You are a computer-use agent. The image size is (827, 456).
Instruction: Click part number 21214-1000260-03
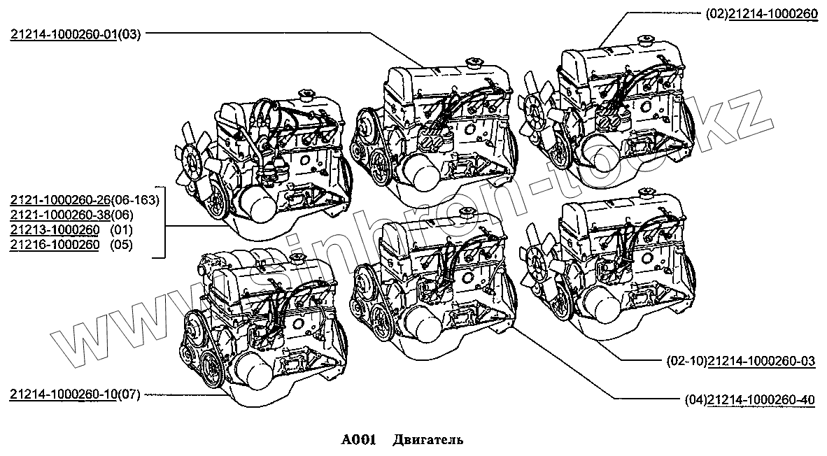click(761, 361)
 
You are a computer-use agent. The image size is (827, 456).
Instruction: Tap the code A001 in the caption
click(359, 440)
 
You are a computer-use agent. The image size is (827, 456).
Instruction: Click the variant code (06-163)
click(138, 199)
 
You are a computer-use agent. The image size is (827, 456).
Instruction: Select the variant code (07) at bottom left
click(129, 394)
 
